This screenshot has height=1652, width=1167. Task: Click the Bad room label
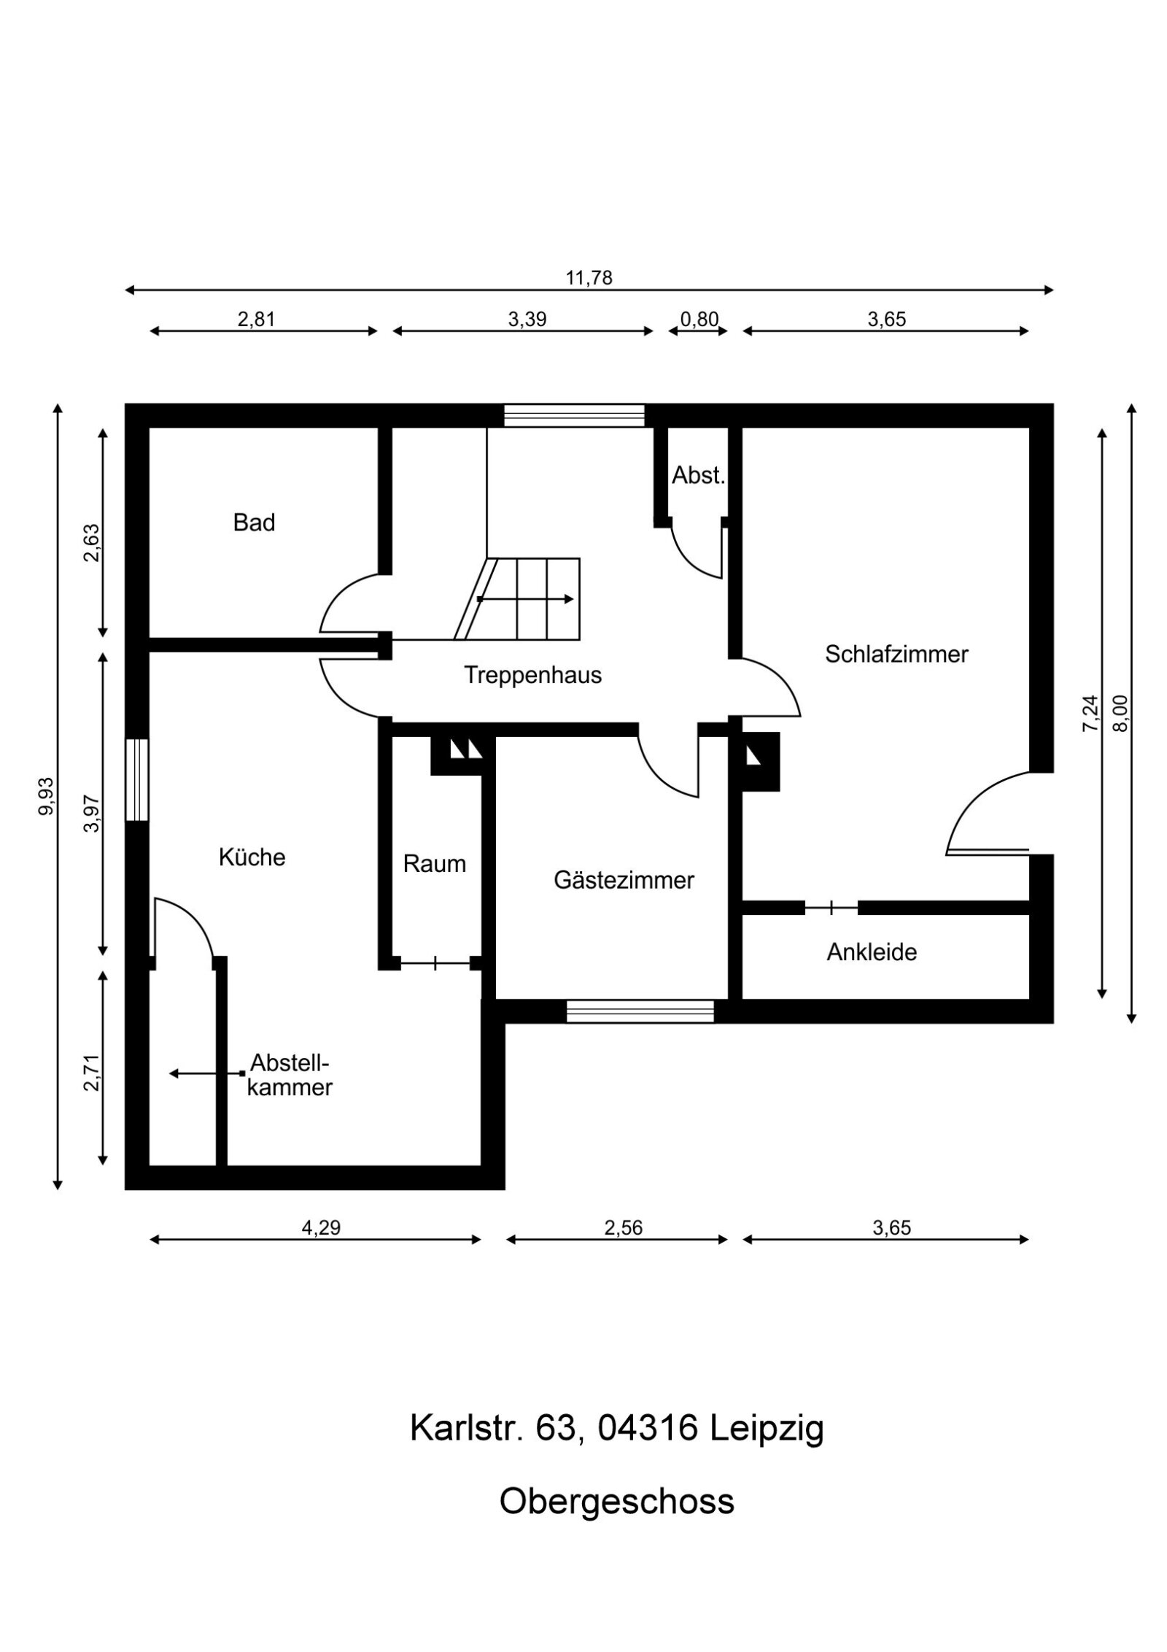coord(254,523)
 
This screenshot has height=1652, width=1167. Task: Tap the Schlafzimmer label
coord(896,655)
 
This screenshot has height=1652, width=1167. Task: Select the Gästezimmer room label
coord(624,881)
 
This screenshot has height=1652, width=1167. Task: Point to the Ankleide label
coord(872,952)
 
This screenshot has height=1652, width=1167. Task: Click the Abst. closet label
coord(698,476)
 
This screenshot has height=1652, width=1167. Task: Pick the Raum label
coord(434,865)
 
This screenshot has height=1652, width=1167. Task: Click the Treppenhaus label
coord(532,676)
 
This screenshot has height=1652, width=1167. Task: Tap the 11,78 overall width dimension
coord(589,278)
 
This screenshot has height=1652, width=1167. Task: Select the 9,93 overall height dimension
coord(47,796)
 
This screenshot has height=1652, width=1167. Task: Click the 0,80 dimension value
coord(699,320)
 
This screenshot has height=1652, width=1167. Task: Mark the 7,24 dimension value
coord(1089,713)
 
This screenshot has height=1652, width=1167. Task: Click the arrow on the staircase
coord(525,599)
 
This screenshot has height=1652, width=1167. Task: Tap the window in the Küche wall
coord(137,780)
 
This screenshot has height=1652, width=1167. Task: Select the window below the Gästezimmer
coord(640,1011)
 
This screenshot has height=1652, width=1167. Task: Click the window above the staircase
coord(574,415)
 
